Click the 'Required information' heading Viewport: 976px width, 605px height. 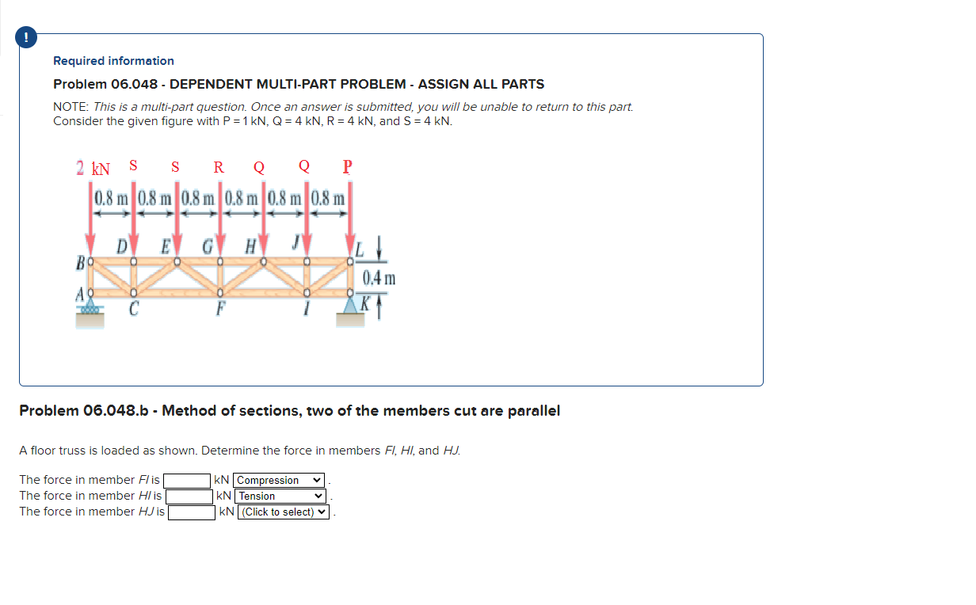(x=113, y=61)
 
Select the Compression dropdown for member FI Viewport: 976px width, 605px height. (x=280, y=481)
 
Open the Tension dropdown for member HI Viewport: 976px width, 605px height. (x=281, y=497)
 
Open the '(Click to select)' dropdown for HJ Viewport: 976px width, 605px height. (x=284, y=512)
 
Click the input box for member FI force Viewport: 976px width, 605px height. (x=187, y=481)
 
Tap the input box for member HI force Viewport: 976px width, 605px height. (x=189, y=497)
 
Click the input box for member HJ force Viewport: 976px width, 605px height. (x=192, y=512)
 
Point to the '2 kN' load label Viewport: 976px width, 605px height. (x=93, y=168)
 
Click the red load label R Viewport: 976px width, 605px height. (x=219, y=167)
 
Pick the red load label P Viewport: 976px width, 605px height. (x=347, y=167)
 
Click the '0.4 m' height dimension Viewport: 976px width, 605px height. (x=379, y=278)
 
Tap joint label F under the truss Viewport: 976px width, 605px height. (x=219, y=310)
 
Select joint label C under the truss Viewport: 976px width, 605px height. (x=133, y=310)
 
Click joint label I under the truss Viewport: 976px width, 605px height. (x=305, y=310)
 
